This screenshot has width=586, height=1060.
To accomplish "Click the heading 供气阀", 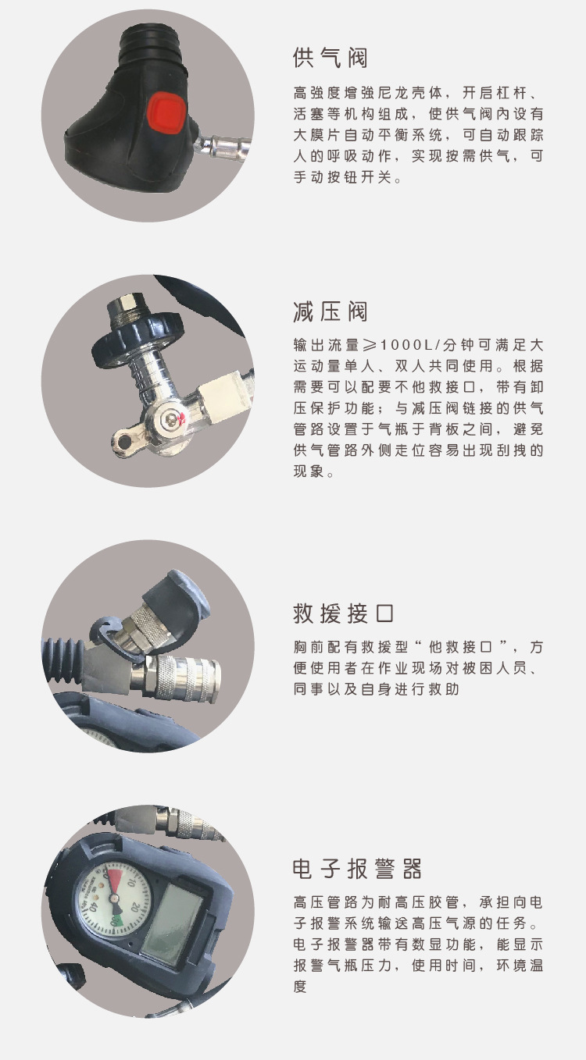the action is point(331,58).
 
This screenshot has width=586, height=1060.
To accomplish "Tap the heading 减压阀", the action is point(331,311).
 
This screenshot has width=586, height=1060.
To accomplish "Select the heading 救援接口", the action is point(344,614).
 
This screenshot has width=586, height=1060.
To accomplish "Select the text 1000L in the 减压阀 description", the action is point(406,345).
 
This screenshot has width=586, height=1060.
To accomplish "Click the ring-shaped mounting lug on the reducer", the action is point(125,439).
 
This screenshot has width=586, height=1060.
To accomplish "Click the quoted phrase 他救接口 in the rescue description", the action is point(462,647).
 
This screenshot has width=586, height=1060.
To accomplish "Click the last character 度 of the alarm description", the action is point(300,986).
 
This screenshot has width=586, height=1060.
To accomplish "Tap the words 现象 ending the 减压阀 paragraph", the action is point(309,471).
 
